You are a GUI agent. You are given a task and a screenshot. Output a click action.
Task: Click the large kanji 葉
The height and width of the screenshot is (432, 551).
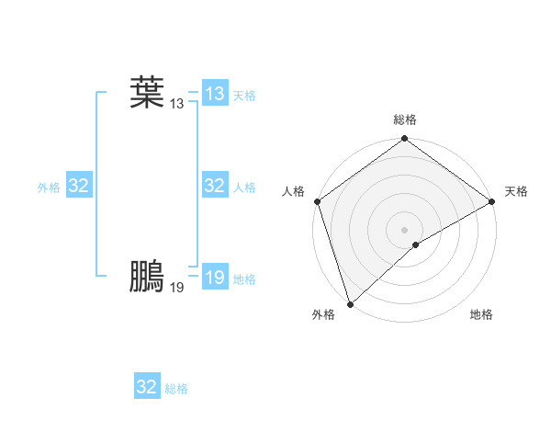tap(147, 93)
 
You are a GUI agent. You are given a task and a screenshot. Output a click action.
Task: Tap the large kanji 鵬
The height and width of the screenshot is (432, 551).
tap(147, 277)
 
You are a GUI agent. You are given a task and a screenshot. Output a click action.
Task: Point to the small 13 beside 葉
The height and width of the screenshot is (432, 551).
tap(177, 104)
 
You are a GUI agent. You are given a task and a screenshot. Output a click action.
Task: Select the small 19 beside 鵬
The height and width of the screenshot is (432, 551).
tap(177, 288)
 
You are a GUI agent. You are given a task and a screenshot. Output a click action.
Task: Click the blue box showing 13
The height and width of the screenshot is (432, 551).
tap(215, 94)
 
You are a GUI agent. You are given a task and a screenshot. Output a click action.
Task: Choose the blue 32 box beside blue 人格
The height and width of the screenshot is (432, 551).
tap(215, 186)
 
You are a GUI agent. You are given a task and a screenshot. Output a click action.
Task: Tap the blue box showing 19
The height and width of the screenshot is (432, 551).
tap(215, 278)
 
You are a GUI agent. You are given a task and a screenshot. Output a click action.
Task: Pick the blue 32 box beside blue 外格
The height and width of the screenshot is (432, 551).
tap(79, 186)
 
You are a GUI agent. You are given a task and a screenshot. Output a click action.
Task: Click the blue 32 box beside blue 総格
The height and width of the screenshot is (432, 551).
tap(147, 387)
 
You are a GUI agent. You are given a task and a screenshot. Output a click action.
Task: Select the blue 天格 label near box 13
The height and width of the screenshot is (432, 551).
tap(244, 96)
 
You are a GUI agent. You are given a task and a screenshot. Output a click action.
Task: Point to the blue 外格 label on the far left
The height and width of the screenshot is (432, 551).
tap(49, 188)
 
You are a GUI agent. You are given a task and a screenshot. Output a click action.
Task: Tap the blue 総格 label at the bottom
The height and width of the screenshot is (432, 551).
tap(176, 389)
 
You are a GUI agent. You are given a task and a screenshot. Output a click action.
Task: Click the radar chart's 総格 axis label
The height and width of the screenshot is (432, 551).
tap(405, 119)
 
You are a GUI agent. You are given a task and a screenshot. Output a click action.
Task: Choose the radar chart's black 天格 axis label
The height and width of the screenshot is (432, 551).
tap(516, 191)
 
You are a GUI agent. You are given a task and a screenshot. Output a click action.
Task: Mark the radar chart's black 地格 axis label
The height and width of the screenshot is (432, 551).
tap(481, 314)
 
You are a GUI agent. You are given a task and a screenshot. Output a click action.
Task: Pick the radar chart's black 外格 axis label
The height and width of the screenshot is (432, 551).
tap(323, 314)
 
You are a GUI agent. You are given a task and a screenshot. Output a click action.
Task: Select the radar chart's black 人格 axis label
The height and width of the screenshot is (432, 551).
tap(294, 191)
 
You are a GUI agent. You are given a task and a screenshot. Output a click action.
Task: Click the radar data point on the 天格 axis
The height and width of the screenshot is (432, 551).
tap(492, 201)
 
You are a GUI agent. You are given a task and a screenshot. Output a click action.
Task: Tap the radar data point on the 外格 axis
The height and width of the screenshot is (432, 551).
tap(350, 303)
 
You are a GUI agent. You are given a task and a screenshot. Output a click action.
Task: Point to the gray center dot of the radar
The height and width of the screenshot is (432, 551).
tap(405, 229)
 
